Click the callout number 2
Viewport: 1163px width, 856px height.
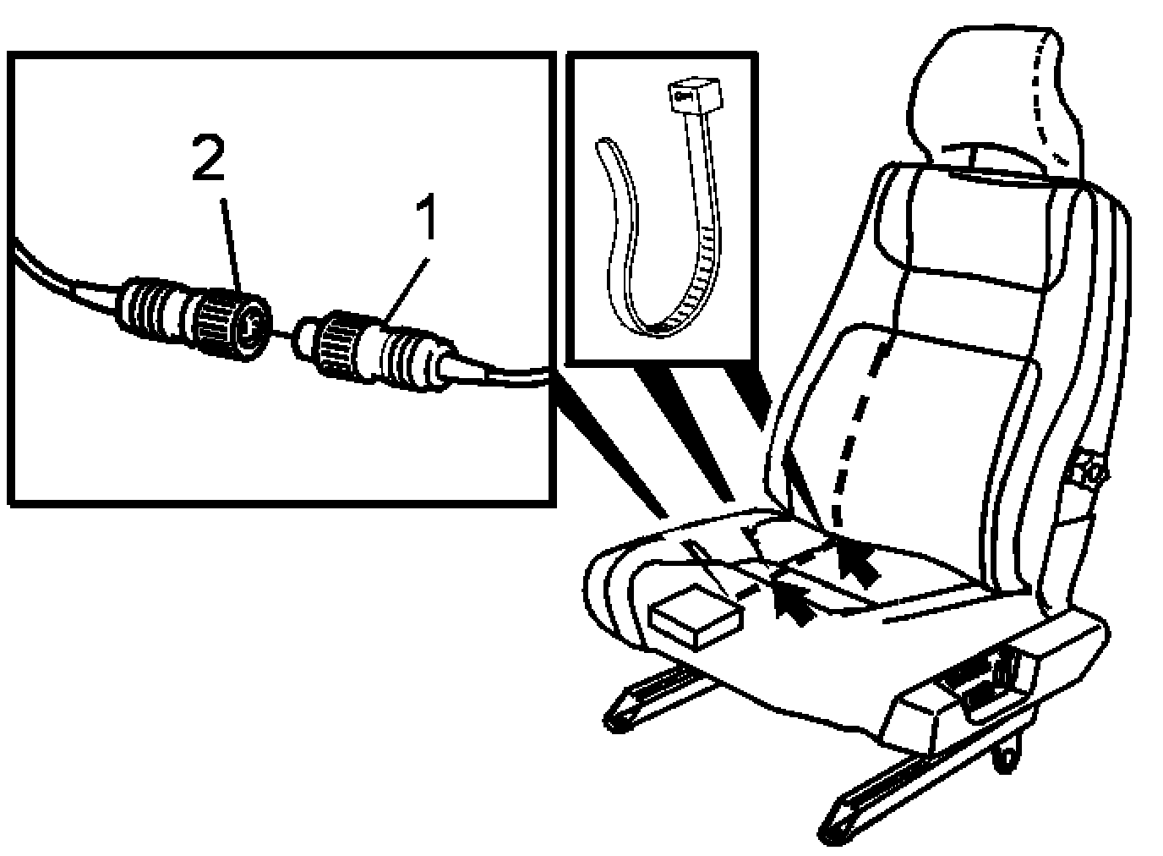(208, 157)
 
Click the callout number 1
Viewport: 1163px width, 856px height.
(427, 217)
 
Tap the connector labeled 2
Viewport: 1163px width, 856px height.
(194, 318)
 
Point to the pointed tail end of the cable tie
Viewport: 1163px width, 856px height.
(603, 142)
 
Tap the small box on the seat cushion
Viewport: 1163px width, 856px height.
(696, 617)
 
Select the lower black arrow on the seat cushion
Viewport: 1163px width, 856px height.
(792, 603)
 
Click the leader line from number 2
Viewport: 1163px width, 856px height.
(231, 244)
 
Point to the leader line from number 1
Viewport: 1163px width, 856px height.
(406, 291)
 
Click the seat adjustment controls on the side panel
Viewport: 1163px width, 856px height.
(981, 685)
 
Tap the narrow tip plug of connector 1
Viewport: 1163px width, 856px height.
(305, 340)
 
